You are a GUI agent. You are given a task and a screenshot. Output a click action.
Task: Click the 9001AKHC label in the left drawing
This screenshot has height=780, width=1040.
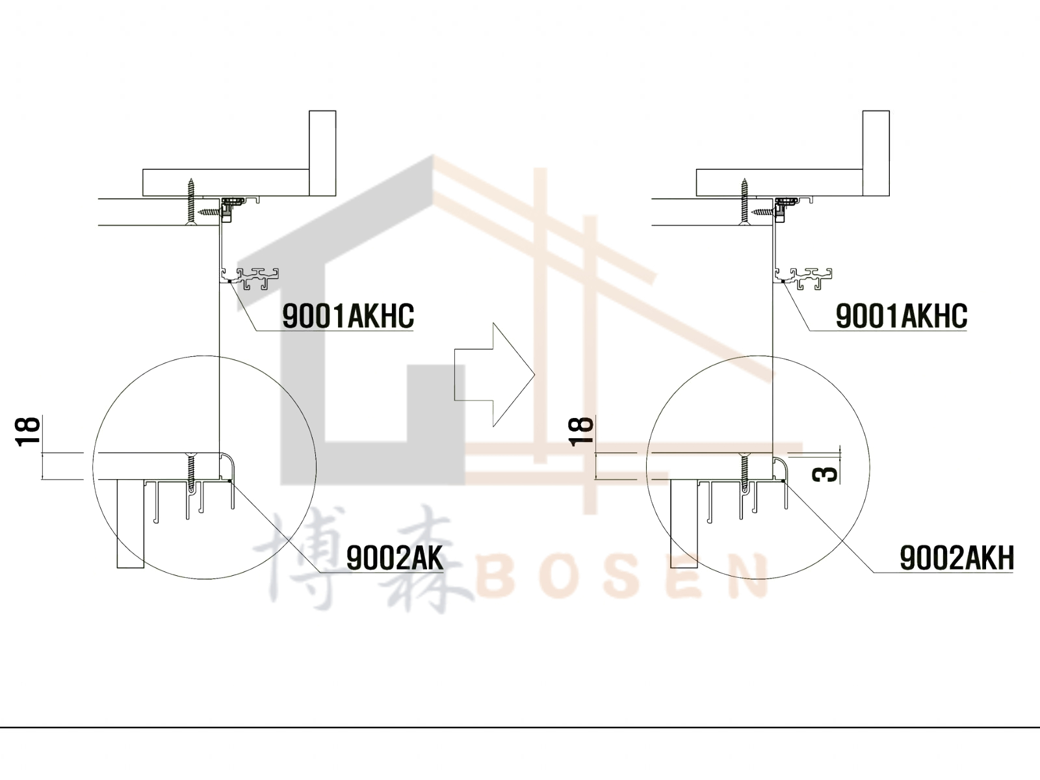point(348,316)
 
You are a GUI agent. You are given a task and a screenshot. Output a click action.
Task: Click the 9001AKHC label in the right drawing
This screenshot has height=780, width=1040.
point(901,316)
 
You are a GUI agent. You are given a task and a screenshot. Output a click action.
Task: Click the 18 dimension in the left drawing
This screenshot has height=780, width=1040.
point(28,432)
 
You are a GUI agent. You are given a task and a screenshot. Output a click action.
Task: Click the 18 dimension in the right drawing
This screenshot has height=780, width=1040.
point(581,432)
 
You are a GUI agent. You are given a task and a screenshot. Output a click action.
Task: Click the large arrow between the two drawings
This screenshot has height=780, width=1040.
point(495,374)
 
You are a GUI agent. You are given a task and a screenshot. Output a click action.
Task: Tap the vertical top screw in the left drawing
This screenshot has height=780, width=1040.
point(191,201)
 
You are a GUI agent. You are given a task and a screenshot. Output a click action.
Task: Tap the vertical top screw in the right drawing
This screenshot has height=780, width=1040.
point(745,201)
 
